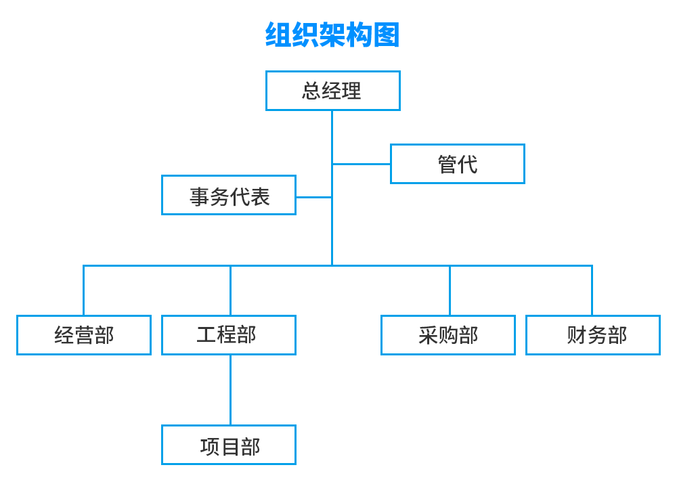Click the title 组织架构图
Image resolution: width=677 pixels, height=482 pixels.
(332, 35)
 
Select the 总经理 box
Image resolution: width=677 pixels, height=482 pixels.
(332, 91)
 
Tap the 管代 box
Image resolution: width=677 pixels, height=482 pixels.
(457, 164)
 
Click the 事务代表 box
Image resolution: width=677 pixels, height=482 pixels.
(229, 196)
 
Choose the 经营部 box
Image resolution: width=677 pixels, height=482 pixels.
(84, 335)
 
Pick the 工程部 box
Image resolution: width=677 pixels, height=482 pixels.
(229, 335)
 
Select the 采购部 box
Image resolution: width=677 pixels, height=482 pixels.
(447, 335)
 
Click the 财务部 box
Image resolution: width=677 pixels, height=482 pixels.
(593, 335)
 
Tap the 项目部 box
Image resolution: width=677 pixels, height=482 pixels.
(229, 445)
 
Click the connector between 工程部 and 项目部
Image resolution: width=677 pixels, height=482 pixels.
(230, 390)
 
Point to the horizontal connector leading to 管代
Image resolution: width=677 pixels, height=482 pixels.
(362, 164)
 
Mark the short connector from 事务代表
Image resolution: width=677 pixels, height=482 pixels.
(313, 197)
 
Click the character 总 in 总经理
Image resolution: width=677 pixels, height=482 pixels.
(311, 91)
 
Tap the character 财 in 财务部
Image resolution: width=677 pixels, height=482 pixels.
(576, 335)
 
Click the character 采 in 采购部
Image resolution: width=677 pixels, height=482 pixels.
(428, 335)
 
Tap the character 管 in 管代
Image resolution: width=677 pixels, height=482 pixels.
(447, 165)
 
